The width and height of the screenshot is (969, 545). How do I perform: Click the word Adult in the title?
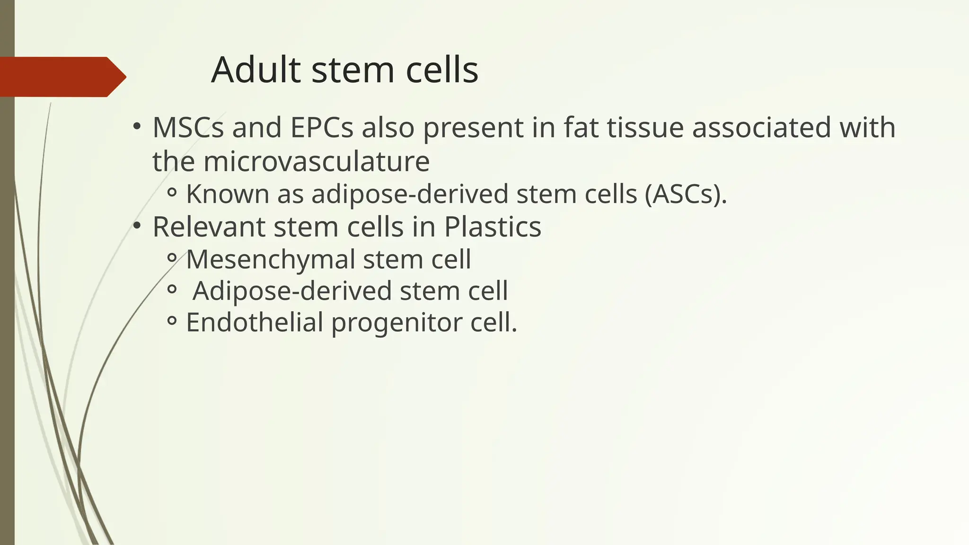point(255,70)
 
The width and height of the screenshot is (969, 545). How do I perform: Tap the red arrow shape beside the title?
point(62,77)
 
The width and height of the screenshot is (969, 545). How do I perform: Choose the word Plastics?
point(492,227)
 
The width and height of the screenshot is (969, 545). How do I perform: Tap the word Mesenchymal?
point(271,260)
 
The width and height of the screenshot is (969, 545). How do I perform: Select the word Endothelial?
point(254,323)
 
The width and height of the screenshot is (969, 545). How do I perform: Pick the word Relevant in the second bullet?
point(209,227)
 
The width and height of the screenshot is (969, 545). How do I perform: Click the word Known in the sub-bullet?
point(228,194)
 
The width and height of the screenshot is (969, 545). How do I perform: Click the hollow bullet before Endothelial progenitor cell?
point(172,322)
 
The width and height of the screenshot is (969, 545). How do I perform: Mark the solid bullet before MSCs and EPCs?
point(137,126)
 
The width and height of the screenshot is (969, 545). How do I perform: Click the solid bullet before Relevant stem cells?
point(137,226)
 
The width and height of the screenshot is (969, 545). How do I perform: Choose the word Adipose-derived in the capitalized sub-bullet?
point(292,291)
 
